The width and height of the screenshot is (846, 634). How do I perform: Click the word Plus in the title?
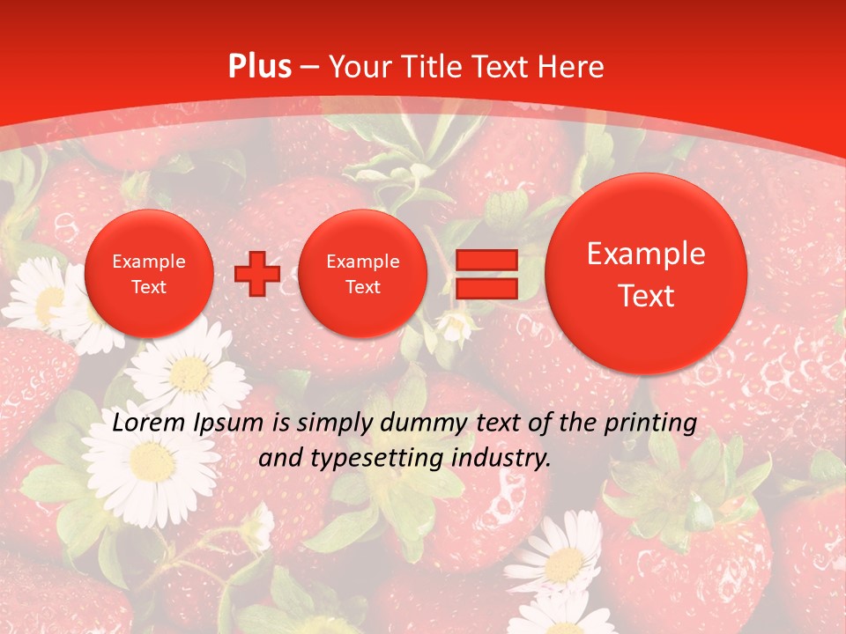pos(260,67)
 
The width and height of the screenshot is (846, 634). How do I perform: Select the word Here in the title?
pos(570,67)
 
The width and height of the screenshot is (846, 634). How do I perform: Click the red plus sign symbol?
pos(257,274)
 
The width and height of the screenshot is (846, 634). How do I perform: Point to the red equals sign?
pos(486,274)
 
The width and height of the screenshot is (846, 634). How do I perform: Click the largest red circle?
pos(646,274)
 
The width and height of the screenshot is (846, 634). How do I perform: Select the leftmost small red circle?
pos(149,274)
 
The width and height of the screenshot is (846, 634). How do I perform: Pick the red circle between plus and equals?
pos(362,274)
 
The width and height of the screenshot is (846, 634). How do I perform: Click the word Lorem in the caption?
pos(149,424)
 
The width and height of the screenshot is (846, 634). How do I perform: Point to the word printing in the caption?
pos(650,424)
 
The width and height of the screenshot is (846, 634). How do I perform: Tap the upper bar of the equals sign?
pos(486,260)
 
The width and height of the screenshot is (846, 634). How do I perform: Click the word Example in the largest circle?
pos(646,254)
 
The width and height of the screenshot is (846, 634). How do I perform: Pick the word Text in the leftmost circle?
pos(149,287)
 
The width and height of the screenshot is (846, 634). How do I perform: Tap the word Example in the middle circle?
pos(362,262)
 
